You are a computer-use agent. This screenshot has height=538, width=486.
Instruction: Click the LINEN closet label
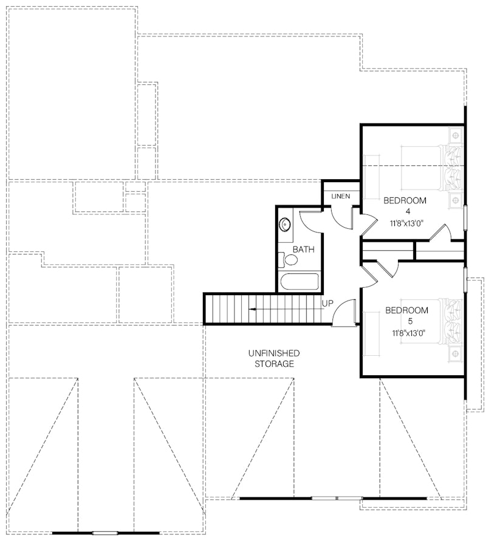340,197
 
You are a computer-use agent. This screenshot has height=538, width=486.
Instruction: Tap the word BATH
303,250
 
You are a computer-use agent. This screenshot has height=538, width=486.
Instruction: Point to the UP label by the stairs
327,303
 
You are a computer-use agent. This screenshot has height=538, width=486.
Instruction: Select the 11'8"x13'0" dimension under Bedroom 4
406,223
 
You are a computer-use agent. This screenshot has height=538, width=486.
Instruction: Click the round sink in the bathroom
284,225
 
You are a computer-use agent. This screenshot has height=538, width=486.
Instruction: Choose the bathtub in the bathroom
299,282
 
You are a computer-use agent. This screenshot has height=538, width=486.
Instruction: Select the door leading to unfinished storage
344,312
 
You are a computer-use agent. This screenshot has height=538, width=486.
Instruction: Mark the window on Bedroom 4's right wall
465,218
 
